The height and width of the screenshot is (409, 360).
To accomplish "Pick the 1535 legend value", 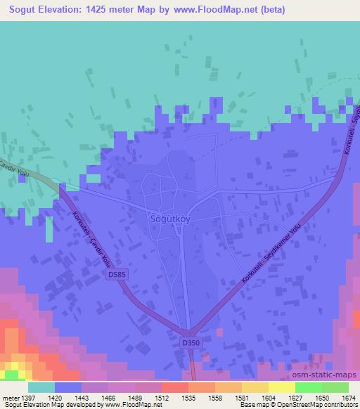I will click(188, 398).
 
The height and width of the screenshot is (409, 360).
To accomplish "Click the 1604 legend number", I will click(268, 398).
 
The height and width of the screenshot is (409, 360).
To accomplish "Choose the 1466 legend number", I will click(108, 398).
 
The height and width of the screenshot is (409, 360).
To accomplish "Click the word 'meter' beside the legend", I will click(8, 398).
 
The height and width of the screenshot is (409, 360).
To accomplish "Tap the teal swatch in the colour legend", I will click(41, 387).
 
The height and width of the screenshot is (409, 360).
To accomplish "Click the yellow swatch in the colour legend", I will click(282, 387).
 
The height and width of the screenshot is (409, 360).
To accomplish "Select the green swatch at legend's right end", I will click(335, 387).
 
